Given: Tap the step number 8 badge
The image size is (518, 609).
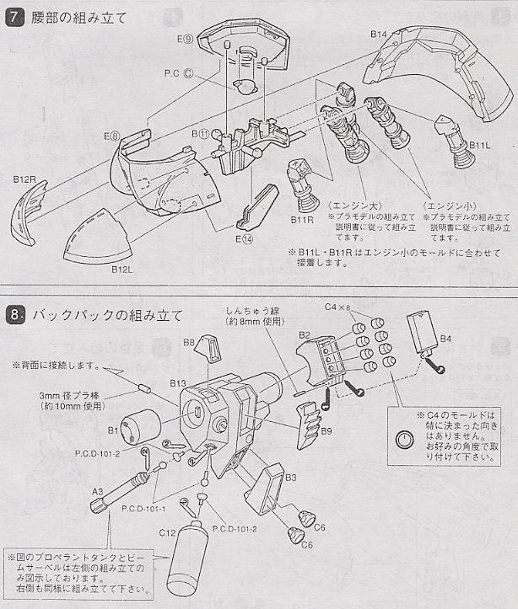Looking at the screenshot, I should pyautogui.click(x=13, y=316).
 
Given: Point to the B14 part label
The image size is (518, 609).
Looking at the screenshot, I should pyautogui.click(x=379, y=35).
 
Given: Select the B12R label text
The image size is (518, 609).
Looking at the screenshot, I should pyautogui.click(x=24, y=179).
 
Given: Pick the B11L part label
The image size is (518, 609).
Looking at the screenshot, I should pyautogui.click(x=480, y=145).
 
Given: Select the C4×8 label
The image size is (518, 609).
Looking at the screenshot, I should pyautogui.click(x=341, y=307).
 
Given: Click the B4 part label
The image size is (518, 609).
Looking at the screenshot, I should pyautogui.click(x=445, y=339).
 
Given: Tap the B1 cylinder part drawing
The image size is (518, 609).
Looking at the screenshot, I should pyautogui.click(x=143, y=424).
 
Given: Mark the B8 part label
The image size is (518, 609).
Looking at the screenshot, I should pyautogui.click(x=189, y=342).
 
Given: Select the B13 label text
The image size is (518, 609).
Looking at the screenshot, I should pyautogui.click(x=177, y=383).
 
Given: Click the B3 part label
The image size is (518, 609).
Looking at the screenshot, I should pyautogui.click(x=291, y=478).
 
